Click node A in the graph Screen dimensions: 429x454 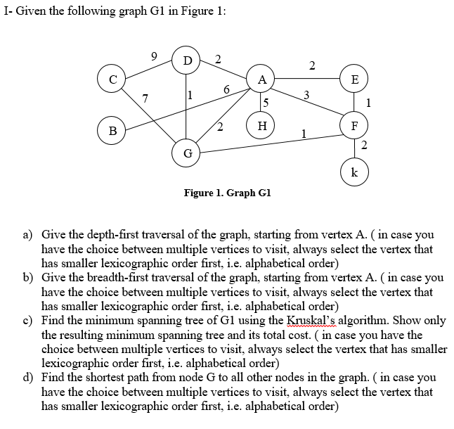(261, 79)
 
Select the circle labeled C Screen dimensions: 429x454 (111, 79)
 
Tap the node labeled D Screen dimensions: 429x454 (187, 59)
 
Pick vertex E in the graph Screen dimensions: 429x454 (354, 79)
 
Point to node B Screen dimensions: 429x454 (111, 130)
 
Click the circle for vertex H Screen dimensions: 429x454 (261, 126)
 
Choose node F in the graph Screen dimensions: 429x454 (354, 127)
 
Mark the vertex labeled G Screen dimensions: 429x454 (187, 152)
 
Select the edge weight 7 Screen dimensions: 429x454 (145, 98)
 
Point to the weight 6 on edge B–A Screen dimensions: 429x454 (226, 89)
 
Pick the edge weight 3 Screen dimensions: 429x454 (306, 94)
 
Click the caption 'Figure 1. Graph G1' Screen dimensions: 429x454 (227, 193)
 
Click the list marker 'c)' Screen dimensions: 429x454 (29, 320)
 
